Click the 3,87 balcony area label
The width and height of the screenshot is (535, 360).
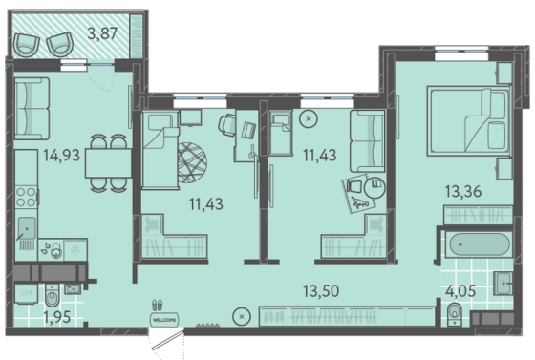coord(103,33)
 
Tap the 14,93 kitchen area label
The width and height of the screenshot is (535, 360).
coord(61,155)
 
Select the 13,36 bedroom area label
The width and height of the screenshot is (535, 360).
coord(463,191)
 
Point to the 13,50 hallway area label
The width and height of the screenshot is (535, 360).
coord(321,291)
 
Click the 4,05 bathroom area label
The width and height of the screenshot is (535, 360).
coord(460,291)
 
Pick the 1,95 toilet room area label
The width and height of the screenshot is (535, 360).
coord(57,317)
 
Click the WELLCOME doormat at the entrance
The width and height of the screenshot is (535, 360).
coord(164,320)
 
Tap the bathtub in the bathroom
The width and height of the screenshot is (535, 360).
coord(479,244)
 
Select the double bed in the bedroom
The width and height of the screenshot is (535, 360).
coord(468,120)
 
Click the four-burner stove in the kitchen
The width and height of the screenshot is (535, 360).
coord(27,197)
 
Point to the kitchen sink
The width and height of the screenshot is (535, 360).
coord(27,227)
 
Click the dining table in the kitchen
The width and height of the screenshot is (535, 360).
coord(108,163)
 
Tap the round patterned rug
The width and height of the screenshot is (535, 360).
coord(192,163)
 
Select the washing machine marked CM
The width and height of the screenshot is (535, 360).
coord(27,293)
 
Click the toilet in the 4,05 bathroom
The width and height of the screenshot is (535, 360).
coord(455,313)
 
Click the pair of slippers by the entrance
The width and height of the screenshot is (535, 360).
coord(157,305)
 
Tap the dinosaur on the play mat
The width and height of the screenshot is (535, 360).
coord(361,202)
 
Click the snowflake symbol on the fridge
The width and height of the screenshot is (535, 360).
coord(75,250)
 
